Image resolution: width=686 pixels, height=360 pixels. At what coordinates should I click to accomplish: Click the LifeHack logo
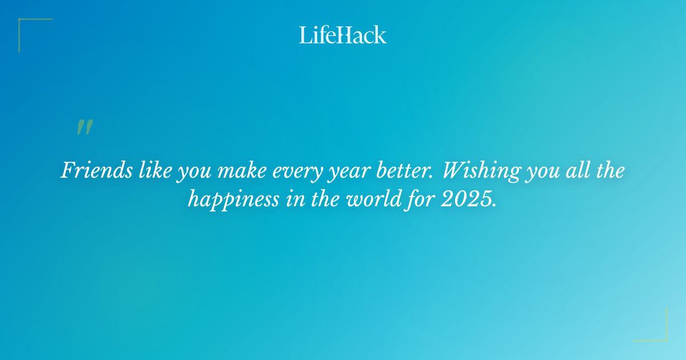pos(343,35)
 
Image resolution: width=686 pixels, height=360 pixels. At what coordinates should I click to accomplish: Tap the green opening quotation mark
pos(85,127)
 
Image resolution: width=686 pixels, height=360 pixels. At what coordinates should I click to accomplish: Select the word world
pos(373,199)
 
